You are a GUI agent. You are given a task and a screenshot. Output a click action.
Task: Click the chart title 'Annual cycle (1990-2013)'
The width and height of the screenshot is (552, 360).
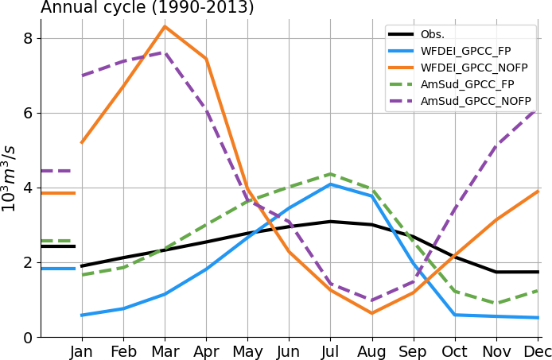(x=147, y=8)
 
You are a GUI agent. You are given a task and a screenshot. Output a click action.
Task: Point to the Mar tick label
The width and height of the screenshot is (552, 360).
(x=165, y=351)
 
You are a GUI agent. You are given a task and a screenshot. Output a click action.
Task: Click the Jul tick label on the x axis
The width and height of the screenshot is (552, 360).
(x=330, y=351)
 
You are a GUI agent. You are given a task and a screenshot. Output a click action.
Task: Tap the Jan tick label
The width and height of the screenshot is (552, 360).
(x=82, y=351)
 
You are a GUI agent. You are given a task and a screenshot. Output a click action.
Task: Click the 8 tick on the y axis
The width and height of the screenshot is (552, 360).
(x=28, y=39)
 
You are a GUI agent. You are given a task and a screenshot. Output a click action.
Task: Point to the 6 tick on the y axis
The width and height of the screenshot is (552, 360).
(x=28, y=114)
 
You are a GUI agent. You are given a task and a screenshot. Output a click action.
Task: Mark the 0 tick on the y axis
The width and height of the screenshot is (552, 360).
(x=28, y=338)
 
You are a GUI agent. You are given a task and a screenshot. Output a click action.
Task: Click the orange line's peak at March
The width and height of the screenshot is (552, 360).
(x=165, y=26)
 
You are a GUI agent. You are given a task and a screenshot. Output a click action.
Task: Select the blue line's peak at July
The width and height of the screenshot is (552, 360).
(x=330, y=184)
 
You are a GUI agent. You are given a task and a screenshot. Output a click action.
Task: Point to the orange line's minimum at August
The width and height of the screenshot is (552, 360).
(x=371, y=313)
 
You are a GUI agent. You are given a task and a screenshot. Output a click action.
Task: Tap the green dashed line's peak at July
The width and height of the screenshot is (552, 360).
(x=330, y=174)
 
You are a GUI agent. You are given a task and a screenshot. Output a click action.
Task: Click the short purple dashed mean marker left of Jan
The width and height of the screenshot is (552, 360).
(x=57, y=171)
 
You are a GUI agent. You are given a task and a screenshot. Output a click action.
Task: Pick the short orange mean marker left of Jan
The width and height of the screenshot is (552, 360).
(x=57, y=193)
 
